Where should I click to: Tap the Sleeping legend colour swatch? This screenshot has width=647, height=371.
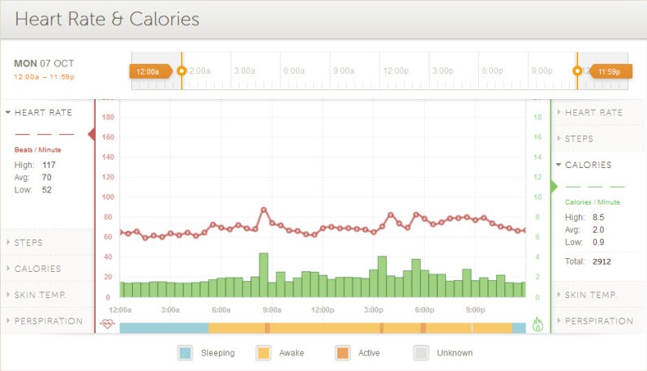185,353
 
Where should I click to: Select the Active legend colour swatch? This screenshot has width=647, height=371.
342,353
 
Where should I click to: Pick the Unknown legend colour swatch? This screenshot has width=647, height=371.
421,353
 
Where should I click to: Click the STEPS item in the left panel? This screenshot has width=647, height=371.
28,243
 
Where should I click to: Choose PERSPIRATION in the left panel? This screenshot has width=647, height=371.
48,321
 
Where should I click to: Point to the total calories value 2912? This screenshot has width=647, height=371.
601,261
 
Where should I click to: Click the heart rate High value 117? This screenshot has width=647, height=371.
49,165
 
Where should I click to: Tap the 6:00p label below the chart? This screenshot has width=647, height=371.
424,310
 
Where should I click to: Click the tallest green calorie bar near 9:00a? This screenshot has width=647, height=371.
264,275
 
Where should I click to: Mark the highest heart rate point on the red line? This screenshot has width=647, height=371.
264,209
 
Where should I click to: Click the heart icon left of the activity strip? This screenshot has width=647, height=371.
107,325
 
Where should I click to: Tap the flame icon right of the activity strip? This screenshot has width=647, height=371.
538,325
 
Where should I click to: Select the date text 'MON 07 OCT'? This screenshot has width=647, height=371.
45,63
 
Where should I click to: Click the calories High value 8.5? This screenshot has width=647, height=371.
598,217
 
